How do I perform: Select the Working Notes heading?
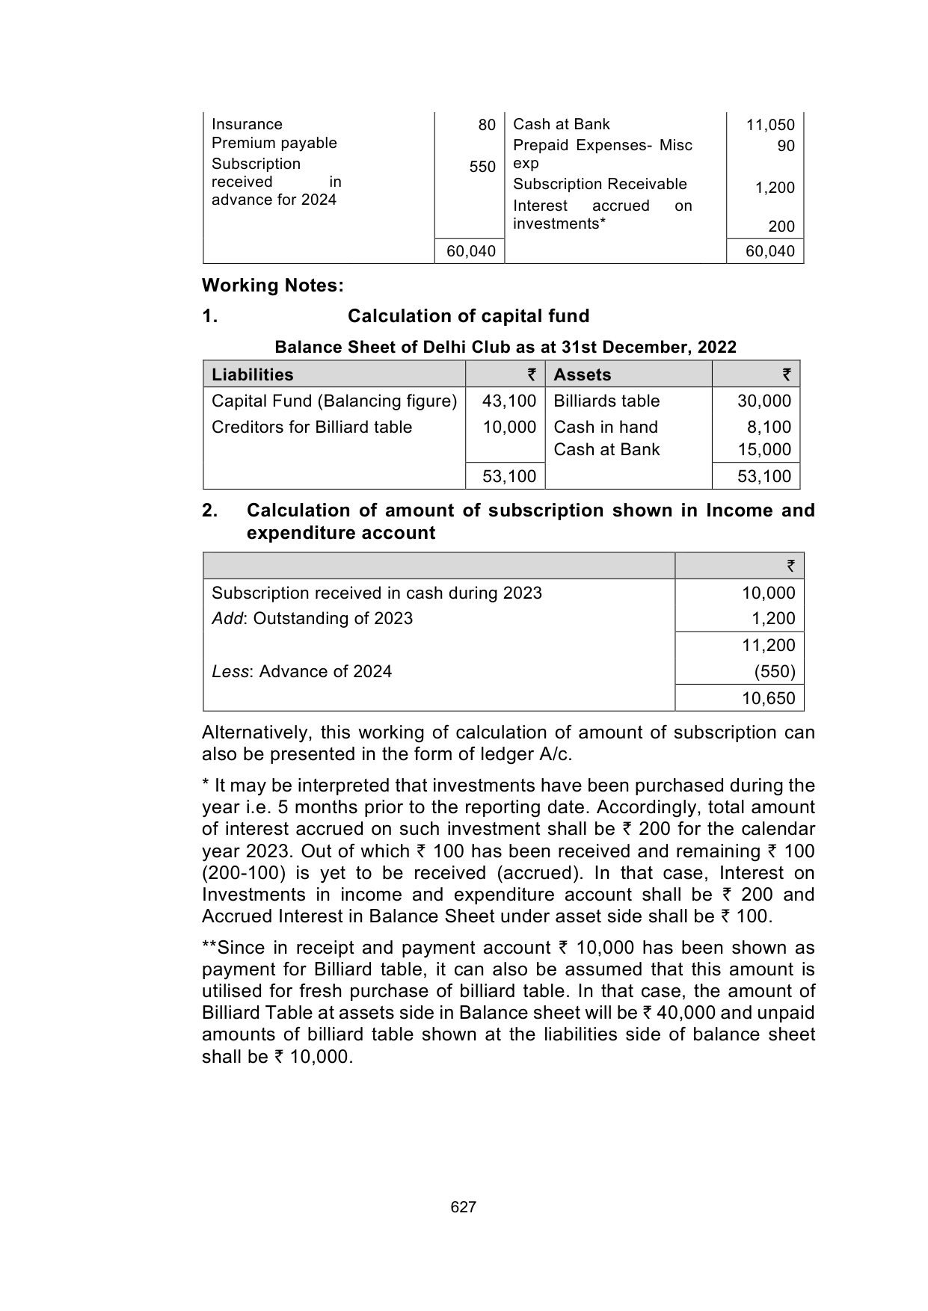tap(272, 286)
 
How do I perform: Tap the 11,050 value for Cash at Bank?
tap(770, 125)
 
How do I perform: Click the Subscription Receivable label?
tap(600, 184)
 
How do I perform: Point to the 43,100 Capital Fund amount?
tap(509, 401)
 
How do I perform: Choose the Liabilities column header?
tap(253, 374)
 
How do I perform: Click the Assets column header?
tap(583, 374)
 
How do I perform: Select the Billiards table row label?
tap(606, 401)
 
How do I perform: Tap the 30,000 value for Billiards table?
tap(763, 401)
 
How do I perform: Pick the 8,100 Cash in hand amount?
tap(769, 427)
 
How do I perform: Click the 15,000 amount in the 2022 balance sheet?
tap(763, 449)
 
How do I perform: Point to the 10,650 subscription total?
tap(768, 699)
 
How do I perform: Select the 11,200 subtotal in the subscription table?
tap(768, 645)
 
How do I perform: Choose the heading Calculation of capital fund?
tap(468, 316)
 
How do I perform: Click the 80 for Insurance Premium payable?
tap(487, 125)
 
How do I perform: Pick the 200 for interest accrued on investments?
tap(781, 226)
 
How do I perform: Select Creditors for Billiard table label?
tap(312, 427)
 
